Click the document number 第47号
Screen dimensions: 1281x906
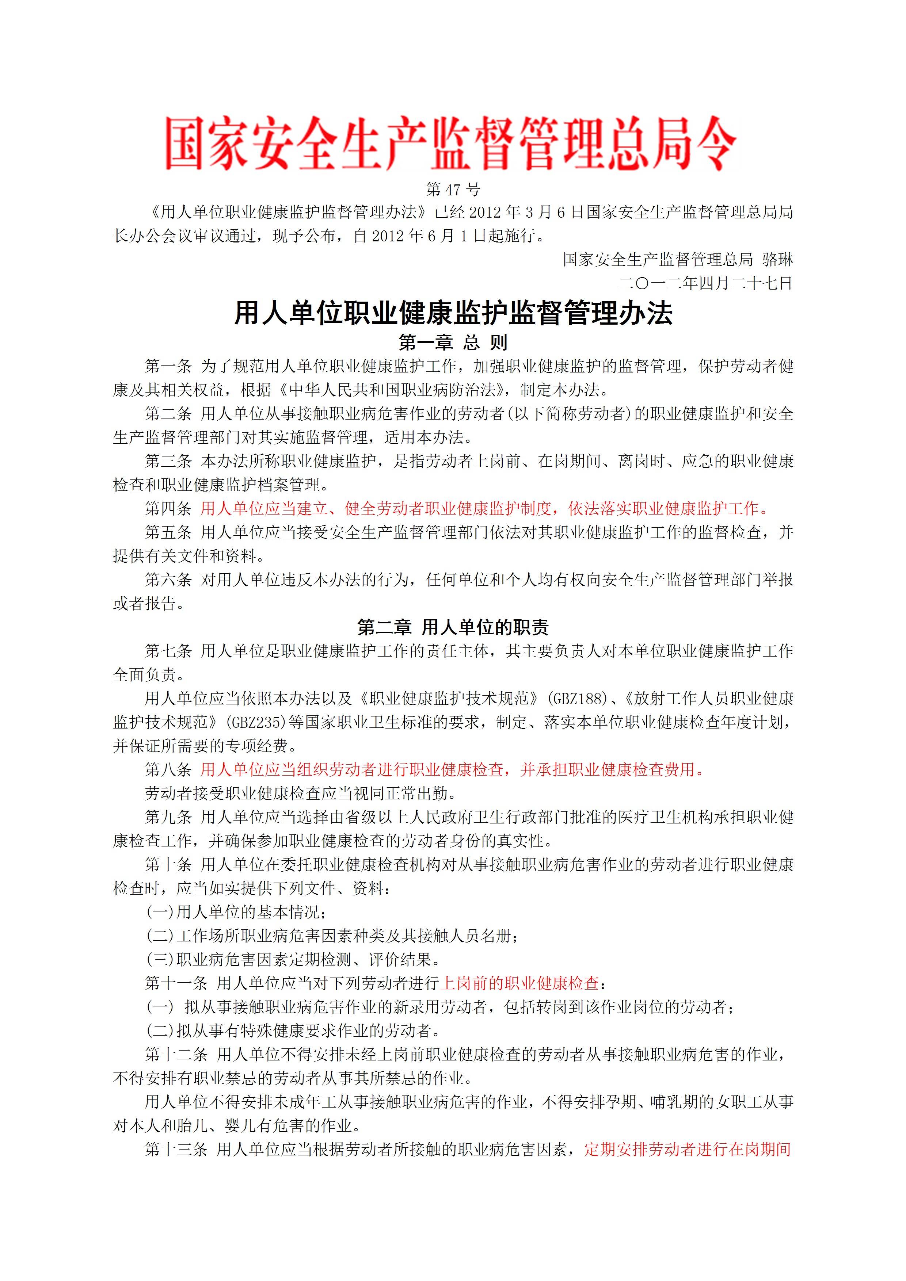pyautogui.click(x=453, y=190)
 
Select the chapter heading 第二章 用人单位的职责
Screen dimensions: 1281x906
pyautogui.click(x=453, y=628)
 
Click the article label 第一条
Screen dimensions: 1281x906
pyautogui.click(x=168, y=367)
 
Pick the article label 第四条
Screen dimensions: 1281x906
pyautogui.click(x=168, y=509)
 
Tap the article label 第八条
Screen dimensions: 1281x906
pyautogui.click(x=168, y=770)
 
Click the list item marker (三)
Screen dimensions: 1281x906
pyautogui.click(x=160, y=960)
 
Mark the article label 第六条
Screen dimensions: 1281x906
pyautogui.click(x=168, y=580)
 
